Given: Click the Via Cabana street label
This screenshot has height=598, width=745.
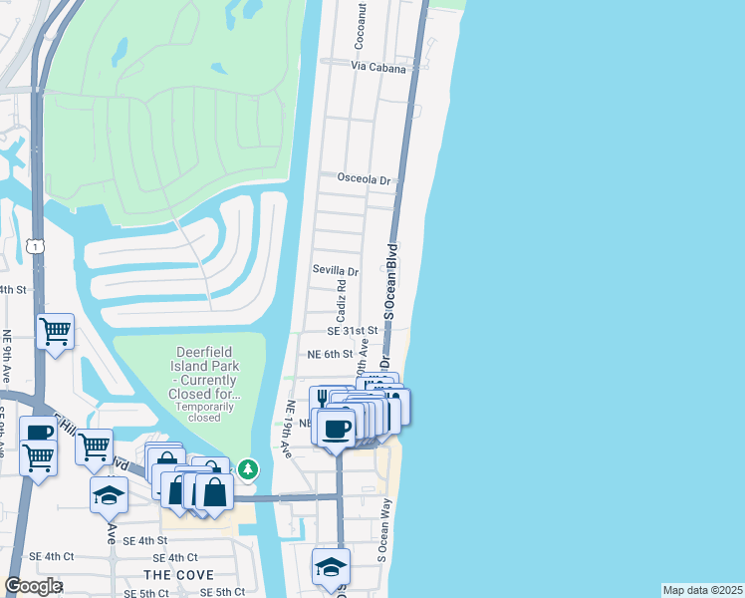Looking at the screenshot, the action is pyautogui.click(x=378, y=68).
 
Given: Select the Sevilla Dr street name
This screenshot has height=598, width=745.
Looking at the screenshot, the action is pyautogui.click(x=335, y=270).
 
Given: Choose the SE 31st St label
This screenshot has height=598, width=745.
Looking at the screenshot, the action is pyautogui.click(x=353, y=330).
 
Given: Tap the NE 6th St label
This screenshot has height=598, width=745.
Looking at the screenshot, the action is pyautogui.click(x=330, y=354).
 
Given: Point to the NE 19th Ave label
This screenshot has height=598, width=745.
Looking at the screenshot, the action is pyautogui.click(x=290, y=430).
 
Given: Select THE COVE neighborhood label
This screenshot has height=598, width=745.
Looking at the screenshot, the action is pyautogui.click(x=174, y=575).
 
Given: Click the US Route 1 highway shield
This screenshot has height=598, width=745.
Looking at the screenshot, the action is pyautogui.click(x=36, y=245).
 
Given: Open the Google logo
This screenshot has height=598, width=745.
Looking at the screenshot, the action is pyautogui.click(x=34, y=586).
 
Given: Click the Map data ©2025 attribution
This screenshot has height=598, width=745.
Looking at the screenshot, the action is pyautogui.click(x=702, y=590).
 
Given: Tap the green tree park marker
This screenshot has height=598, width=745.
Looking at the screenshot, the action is pyautogui.click(x=247, y=467).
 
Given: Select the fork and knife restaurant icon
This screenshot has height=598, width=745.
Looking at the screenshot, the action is pyautogui.click(x=323, y=399).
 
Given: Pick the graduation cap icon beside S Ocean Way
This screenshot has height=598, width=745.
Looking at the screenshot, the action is pyautogui.click(x=331, y=566).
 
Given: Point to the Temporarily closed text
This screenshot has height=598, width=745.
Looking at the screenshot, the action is pyautogui.click(x=204, y=412).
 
